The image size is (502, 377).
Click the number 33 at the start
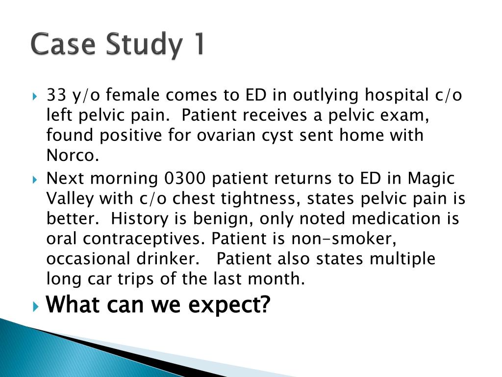tap(56, 95)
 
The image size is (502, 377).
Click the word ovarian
tap(226, 135)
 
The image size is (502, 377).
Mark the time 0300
tap(184, 178)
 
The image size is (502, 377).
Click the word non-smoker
tap(344, 239)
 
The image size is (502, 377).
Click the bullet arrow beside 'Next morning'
tap(35, 179)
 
